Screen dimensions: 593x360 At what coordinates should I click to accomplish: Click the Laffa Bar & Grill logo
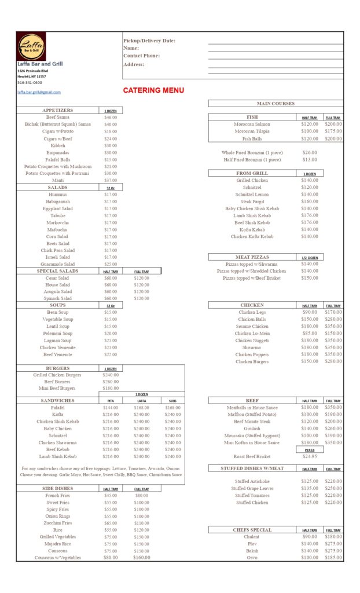(x=31, y=46)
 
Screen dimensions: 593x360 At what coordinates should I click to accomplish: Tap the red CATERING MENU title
(x=153, y=90)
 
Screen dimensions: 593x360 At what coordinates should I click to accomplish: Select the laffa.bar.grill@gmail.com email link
(x=39, y=92)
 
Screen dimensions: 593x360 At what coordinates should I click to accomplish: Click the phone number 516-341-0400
(x=30, y=83)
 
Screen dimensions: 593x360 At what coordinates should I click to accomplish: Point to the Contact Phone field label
(x=141, y=56)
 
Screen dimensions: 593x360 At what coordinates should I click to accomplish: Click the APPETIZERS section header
(x=58, y=110)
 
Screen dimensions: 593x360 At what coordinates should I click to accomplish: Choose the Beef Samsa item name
(x=58, y=117)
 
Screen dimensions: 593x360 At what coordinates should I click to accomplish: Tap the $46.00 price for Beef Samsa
(x=110, y=117)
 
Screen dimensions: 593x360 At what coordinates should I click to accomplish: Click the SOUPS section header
(x=58, y=305)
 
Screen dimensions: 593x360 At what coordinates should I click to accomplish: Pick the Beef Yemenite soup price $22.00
(x=110, y=354)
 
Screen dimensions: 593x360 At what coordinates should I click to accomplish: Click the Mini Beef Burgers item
(x=58, y=389)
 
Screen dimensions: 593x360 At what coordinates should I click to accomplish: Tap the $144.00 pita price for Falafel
(x=110, y=408)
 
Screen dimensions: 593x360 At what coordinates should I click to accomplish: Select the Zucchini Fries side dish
(x=58, y=523)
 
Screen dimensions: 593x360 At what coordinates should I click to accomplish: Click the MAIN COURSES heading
(x=275, y=104)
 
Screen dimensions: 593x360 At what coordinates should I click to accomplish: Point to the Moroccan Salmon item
(x=252, y=124)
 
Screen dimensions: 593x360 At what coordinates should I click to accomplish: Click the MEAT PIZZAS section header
(x=252, y=257)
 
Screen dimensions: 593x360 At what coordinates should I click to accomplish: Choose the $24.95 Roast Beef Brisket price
(x=310, y=456)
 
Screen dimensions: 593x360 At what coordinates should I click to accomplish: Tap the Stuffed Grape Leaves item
(x=252, y=488)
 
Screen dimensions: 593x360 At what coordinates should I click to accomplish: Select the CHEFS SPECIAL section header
(x=252, y=530)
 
